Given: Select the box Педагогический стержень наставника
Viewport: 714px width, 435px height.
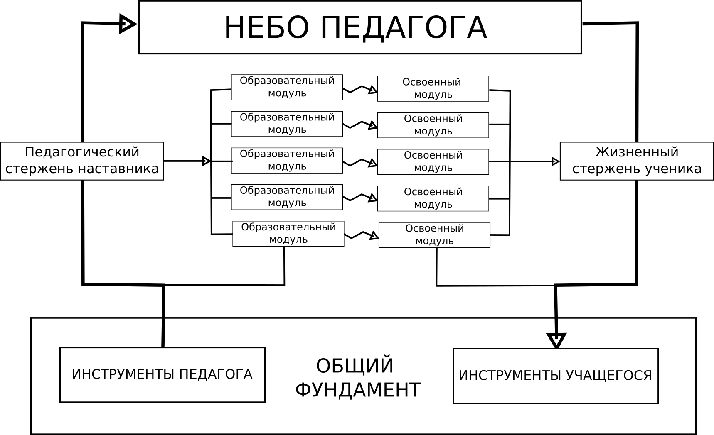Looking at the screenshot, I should click(x=82, y=161).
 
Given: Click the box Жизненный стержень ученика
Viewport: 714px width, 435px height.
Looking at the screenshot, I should click(x=636, y=161).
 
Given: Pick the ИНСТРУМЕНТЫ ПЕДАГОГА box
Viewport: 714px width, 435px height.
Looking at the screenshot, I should click(x=162, y=375).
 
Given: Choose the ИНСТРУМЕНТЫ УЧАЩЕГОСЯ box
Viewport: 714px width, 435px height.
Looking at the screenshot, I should click(x=556, y=376).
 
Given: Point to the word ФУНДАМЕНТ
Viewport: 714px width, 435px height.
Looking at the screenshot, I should click(x=358, y=390).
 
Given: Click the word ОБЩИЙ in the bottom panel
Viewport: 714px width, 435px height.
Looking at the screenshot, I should click(x=355, y=366).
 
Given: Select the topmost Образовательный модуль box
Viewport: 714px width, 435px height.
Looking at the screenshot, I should click(x=287, y=87).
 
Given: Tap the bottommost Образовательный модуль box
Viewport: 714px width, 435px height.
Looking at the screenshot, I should click(x=288, y=234).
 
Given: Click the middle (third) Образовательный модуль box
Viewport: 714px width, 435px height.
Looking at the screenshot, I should click(x=287, y=160).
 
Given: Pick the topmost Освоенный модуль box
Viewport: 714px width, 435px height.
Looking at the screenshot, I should click(x=433, y=88).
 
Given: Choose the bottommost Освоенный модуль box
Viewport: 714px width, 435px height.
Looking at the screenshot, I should click(x=434, y=235).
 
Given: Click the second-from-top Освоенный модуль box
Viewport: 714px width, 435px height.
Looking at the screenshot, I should click(x=433, y=125).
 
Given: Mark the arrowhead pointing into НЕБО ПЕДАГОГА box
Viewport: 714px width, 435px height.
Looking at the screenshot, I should click(x=127, y=24).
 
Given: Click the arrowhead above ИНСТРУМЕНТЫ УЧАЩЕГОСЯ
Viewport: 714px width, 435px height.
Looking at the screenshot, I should click(x=556, y=340).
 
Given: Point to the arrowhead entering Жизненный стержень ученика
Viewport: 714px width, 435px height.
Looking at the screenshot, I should click(x=555, y=161).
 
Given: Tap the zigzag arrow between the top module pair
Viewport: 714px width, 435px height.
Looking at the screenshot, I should click(x=360, y=89).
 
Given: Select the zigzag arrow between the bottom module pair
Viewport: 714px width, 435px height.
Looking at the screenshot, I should click(x=361, y=235).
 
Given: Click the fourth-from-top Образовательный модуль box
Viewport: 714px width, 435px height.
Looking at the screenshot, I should click(x=287, y=197).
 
